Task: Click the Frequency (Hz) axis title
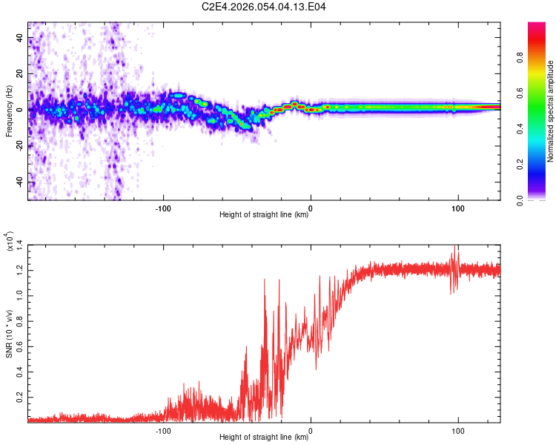[9, 111]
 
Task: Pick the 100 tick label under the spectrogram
[458, 208]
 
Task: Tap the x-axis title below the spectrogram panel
[264, 215]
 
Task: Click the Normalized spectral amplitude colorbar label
[550, 111]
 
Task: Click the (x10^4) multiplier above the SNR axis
[10, 242]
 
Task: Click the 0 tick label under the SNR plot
[311, 429]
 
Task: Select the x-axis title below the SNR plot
[264, 438]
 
